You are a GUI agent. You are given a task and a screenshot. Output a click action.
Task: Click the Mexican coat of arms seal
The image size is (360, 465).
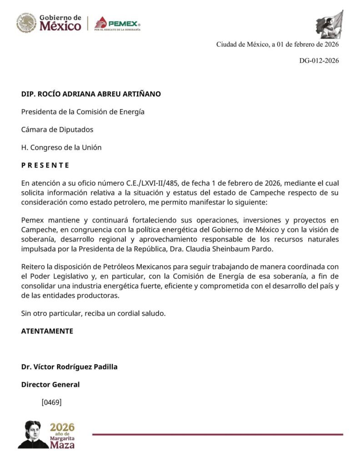[26, 23]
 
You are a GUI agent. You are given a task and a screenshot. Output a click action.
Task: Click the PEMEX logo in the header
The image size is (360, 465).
[118, 23]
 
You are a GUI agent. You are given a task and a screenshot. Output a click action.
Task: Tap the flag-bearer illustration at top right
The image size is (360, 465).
[330, 25]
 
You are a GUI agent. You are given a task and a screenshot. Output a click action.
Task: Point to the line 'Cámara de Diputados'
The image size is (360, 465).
[57, 129]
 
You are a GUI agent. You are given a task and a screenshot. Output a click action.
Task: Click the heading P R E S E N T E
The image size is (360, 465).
[45, 165]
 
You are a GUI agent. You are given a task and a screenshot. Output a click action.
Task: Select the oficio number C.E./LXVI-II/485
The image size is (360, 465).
[154, 183]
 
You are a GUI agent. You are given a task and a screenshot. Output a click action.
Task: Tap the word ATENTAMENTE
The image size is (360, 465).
[47, 331]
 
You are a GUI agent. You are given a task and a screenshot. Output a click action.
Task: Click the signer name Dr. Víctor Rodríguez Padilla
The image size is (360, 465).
[69, 366]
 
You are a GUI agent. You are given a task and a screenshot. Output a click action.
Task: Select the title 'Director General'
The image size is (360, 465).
[50, 385]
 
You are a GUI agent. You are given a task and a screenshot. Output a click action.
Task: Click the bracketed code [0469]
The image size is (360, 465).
[51, 402]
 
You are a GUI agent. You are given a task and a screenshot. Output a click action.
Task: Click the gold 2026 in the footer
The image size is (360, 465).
[62, 427]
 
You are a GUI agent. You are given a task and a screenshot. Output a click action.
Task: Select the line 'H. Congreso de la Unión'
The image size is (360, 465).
[61, 147]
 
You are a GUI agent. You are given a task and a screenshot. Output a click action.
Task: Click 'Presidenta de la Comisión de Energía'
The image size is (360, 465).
[83, 112]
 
